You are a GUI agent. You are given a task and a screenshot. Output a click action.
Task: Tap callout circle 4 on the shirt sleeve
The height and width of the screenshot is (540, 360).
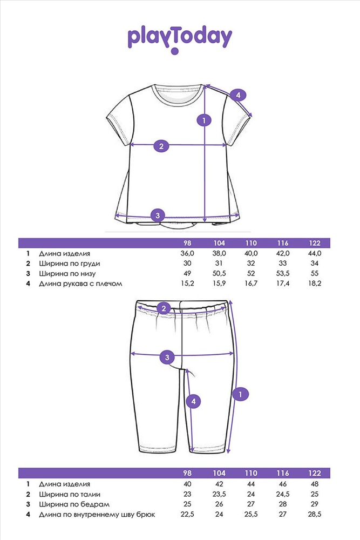tap(238, 95)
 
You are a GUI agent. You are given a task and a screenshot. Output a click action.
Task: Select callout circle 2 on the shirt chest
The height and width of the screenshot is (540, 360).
tap(161, 146)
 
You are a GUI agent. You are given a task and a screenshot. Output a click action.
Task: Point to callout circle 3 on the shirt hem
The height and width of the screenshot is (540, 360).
tap(158, 216)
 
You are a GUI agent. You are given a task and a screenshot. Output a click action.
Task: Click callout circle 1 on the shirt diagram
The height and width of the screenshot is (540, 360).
tap(204, 120)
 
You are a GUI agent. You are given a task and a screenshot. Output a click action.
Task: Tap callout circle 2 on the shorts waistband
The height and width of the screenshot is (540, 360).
tap(164, 308)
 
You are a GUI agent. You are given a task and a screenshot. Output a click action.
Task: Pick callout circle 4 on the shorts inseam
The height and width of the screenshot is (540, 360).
tap(193, 401)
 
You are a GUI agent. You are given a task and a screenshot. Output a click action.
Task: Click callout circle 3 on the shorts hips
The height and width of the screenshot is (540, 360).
tap(167, 357)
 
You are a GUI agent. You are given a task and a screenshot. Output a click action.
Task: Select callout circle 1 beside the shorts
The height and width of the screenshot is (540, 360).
tap(240, 394)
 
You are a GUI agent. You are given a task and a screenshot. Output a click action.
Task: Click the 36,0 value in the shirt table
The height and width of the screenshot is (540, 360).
tap(187, 253)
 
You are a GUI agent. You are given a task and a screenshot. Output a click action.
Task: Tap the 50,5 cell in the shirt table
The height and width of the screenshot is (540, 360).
tap(219, 273)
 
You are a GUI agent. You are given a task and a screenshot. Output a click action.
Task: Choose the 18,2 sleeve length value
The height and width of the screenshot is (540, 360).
tap(315, 283)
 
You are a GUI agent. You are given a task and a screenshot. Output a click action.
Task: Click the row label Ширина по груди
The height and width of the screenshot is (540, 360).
tap(70, 264)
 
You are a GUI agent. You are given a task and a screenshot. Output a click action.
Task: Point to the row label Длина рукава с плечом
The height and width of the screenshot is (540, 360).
tap(80, 284)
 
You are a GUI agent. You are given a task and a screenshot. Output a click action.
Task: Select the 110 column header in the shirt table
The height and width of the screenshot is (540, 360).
tap(251, 243)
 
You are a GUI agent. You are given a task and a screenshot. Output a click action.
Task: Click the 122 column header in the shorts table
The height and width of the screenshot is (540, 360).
tap(315, 473)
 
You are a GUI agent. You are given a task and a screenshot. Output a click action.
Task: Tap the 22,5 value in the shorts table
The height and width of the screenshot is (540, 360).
tap(187, 514)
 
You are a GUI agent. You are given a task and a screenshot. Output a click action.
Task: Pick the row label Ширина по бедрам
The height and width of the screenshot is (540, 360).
tap(74, 504)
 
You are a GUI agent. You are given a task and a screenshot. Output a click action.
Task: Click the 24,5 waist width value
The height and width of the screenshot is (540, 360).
tap(283, 494)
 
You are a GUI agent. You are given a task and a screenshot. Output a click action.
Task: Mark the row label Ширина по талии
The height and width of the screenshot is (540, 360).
tap(70, 495)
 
